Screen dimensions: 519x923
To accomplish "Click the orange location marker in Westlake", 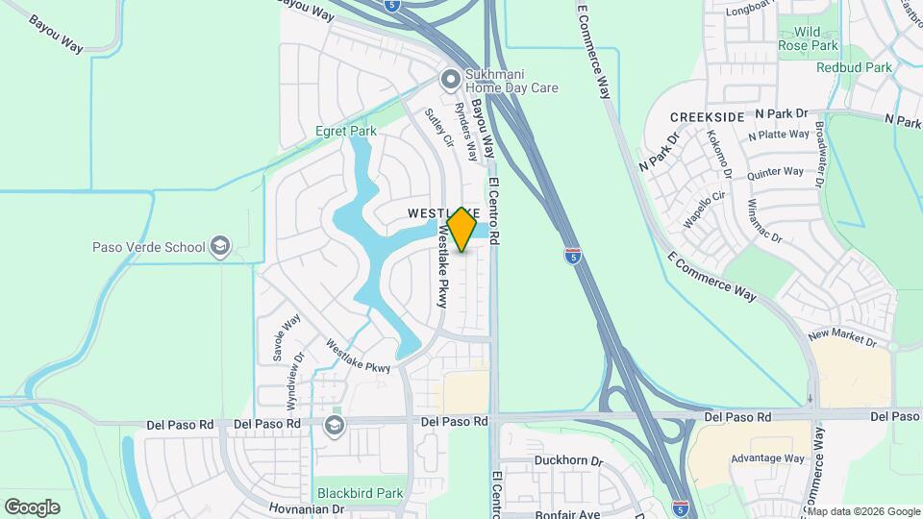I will [462, 229].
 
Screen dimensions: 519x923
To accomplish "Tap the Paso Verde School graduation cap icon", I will [220, 247].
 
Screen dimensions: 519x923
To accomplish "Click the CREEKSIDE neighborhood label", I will [708, 116].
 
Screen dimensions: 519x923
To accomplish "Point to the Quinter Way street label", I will [775, 173].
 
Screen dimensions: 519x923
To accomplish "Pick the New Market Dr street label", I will [842, 337].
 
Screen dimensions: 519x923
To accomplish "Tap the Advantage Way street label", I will [767, 458].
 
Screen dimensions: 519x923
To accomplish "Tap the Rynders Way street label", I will [466, 131].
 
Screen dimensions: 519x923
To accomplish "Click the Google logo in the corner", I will [32, 507].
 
